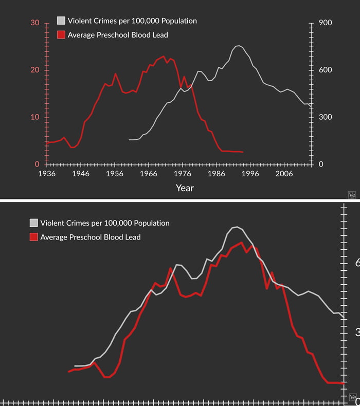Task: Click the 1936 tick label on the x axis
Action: pyautogui.click(x=47, y=174)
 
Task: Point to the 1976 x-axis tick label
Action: pyautogui.click(x=183, y=174)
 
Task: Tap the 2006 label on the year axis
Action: pyautogui.click(x=284, y=174)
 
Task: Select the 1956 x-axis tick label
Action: pyautogui.click(x=115, y=174)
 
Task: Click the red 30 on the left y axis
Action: pyautogui.click(x=35, y=23)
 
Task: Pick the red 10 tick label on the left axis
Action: pyautogui.click(x=35, y=117)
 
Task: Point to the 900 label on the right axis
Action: pyautogui.click(x=326, y=23)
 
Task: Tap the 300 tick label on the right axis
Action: pyautogui.click(x=326, y=117)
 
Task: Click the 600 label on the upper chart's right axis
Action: pyautogui.click(x=326, y=70)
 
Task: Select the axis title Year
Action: pyautogui.click(x=185, y=188)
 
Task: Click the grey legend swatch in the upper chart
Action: pyautogui.click(x=61, y=21)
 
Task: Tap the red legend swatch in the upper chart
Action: pyautogui.click(x=61, y=35)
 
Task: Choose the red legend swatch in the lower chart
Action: pyautogui.click(x=33, y=237)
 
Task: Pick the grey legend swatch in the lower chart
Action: pyautogui.click(x=33, y=223)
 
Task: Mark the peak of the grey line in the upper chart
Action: pyautogui.click(x=238, y=46)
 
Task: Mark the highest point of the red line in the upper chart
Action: pyautogui.click(x=164, y=56)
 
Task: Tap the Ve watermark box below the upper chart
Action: pyautogui.click(x=352, y=195)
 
